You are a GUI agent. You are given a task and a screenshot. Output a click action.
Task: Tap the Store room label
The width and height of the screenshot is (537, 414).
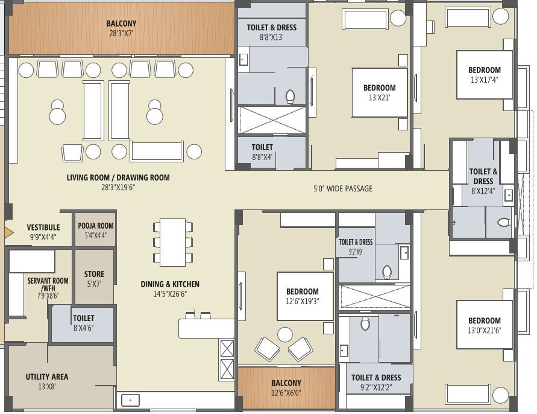94,278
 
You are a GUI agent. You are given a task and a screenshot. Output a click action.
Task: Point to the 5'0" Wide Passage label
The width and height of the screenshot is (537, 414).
342,189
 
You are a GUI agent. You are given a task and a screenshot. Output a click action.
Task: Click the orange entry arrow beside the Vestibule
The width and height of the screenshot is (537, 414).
8,231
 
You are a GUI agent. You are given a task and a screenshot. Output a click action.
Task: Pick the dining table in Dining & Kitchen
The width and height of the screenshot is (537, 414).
173,241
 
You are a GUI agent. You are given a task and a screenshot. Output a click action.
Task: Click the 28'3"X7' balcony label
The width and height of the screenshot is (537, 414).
121,29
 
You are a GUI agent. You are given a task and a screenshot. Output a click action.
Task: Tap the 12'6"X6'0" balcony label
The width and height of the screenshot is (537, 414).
286,387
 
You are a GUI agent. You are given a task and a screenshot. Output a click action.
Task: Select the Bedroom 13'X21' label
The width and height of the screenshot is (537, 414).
379,92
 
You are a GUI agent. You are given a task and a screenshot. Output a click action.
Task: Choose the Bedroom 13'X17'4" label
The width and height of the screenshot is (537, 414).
484,74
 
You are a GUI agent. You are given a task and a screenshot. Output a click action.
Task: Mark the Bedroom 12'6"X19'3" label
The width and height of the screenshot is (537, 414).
305,296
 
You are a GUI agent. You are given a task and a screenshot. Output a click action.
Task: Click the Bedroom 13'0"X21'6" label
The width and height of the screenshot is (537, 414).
484,325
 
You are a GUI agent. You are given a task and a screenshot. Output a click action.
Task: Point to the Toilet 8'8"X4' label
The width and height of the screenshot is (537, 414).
262,151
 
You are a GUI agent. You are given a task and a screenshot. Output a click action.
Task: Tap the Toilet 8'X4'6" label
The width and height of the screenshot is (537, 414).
83,322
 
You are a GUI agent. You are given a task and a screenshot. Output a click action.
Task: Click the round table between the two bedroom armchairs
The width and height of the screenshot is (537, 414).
284,334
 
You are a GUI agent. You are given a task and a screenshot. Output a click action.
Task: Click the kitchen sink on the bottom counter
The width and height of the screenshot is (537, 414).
130,400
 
